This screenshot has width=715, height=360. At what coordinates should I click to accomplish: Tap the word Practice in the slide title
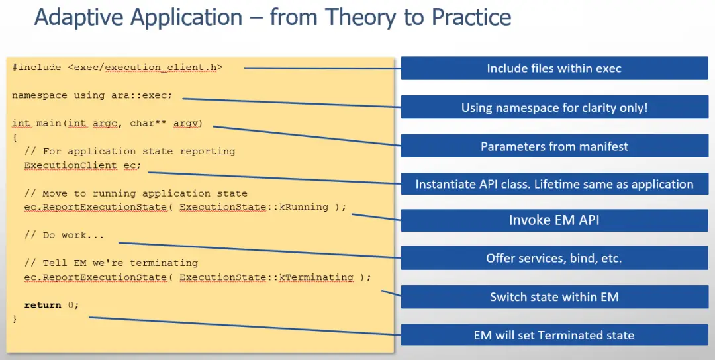point(471,17)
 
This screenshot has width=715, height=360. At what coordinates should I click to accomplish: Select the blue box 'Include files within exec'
point(554,68)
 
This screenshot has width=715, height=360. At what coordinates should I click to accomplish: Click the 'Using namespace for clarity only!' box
point(554,108)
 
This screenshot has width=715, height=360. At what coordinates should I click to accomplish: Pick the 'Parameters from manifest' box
point(554,146)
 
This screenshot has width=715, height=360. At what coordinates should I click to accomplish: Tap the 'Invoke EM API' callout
point(554,220)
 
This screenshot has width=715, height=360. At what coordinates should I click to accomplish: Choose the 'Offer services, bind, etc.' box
point(554,258)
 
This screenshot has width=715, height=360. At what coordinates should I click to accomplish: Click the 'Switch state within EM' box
point(554,297)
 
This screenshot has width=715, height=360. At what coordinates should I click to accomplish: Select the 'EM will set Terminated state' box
point(554,336)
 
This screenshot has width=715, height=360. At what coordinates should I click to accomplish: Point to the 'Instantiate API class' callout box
point(554,184)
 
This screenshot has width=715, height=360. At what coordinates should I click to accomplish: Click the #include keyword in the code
point(36,67)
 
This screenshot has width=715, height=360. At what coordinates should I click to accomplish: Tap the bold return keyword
point(42,305)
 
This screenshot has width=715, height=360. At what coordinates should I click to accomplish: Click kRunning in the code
point(304,207)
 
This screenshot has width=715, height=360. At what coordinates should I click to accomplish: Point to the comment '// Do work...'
point(64,235)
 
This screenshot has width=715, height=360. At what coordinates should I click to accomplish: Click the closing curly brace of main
point(15,319)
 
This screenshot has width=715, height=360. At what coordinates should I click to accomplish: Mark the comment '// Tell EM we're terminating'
point(111,263)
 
